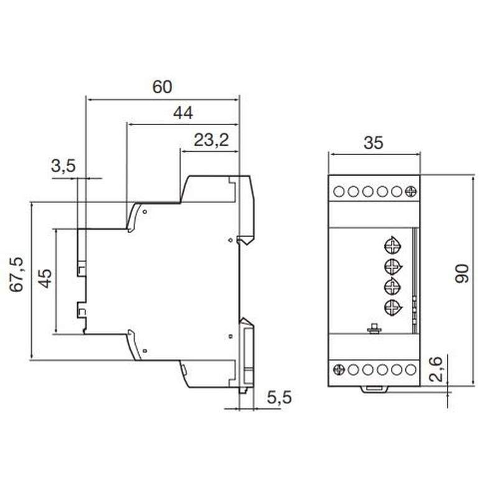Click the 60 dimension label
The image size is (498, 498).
pyautogui.click(x=162, y=87)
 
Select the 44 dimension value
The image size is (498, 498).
pyautogui.click(x=183, y=113)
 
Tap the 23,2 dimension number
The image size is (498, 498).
pyautogui.click(x=211, y=140)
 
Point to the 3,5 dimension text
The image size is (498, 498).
pyautogui.click(x=63, y=166)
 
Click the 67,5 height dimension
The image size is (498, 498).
pyautogui.click(x=17, y=275)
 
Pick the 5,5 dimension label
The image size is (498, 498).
pyautogui.click(x=279, y=398)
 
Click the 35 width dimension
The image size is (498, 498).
pyautogui.click(x=374, y=143)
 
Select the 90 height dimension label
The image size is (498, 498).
pyautogui.click(x=462, y=273)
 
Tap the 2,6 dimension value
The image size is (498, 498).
pyautogui.click(x=435, y=369)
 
